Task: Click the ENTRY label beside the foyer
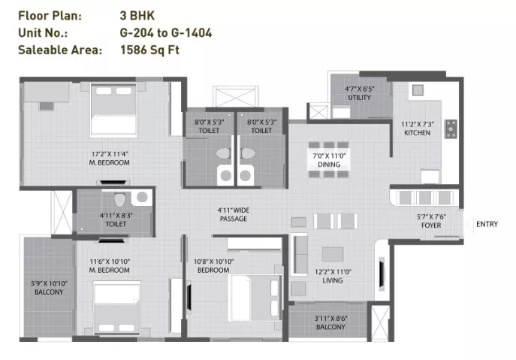(x=487, y=224)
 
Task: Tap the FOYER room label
(x=431, y=225)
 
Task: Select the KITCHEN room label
(x=417, y=133)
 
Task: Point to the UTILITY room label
(x=359, y=98)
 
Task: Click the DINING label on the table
(x=329, y=165)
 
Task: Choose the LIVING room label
(x=333, y=280)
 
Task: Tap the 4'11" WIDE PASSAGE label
(x=234, y=214)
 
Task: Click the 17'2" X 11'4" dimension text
(x=109, y=154)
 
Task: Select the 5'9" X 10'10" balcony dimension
(x=49, y=283)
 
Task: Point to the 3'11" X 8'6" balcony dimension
(x=330, y=319)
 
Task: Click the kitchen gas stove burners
(x=451, y=129)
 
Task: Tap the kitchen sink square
(x=418, y=90)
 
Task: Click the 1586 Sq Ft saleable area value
(x=149, y=50)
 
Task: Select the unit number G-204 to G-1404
(x=166, y=33)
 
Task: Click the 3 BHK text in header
(x=137, y=16)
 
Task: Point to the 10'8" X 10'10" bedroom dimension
(x=213, y=262)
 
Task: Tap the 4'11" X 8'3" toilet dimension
(x=116, y=216)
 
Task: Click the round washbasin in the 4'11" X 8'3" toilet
(x=142, y=197)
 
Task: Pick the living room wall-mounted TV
(x=382, y=274)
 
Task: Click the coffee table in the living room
(x=333, y=255)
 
